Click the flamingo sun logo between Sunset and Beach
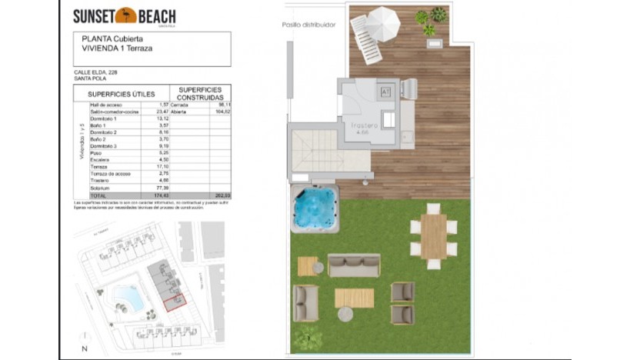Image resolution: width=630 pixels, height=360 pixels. [x=125, y=15]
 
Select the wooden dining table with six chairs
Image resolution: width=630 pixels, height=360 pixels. [x=434, y=235]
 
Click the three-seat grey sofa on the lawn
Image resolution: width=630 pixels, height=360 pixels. [x=354, y=265]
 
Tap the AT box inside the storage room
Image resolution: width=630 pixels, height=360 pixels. [x=386, y=92]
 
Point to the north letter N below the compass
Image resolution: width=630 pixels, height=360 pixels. [x=84, y=349]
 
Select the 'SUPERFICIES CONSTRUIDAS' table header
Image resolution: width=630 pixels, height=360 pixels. [x=200, y=94]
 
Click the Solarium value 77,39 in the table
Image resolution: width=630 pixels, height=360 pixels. [x=162, y=187]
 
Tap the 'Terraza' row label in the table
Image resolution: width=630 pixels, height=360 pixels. [x=99, y=166]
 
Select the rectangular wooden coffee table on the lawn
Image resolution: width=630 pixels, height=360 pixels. [x=354, y=298]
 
